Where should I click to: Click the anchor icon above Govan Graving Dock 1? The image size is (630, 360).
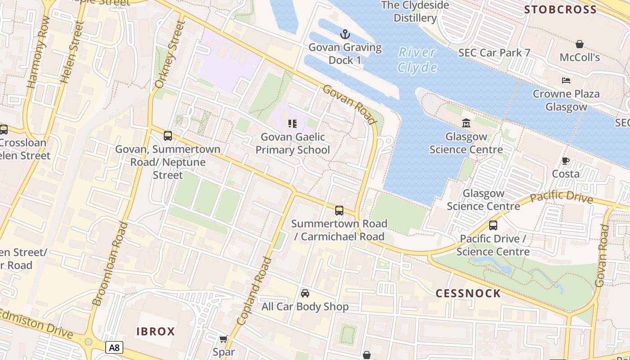[345, 34]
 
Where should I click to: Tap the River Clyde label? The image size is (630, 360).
[418, 60]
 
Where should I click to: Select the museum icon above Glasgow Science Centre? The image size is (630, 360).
[466, 123]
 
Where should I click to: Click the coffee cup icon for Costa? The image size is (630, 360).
[566, 161]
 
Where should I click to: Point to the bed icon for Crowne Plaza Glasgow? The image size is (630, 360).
[566, 81]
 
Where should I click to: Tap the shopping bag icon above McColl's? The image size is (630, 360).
[580, 44]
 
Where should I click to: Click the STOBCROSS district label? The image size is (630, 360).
[560, 10]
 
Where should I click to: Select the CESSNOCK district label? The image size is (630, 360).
[468, 293]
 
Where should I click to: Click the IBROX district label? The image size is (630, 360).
[156, 332]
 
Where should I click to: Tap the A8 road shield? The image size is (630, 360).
[114, 347]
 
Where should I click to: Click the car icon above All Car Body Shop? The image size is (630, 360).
[305, 293]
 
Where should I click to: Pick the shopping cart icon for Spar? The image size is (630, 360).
[223, 339]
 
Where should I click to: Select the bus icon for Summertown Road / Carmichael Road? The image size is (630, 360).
[339, 210]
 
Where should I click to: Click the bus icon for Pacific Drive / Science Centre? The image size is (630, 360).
[493, 225]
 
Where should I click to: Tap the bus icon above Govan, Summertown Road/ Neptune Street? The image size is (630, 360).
[168, 135]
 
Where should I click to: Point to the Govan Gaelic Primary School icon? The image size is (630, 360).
[292, 123]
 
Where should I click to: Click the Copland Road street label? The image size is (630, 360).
[255, 290]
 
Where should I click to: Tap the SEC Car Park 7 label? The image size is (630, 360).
[494, 53]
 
